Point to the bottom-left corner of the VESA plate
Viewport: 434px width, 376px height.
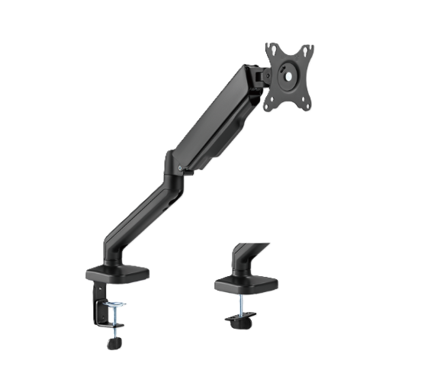269,108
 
